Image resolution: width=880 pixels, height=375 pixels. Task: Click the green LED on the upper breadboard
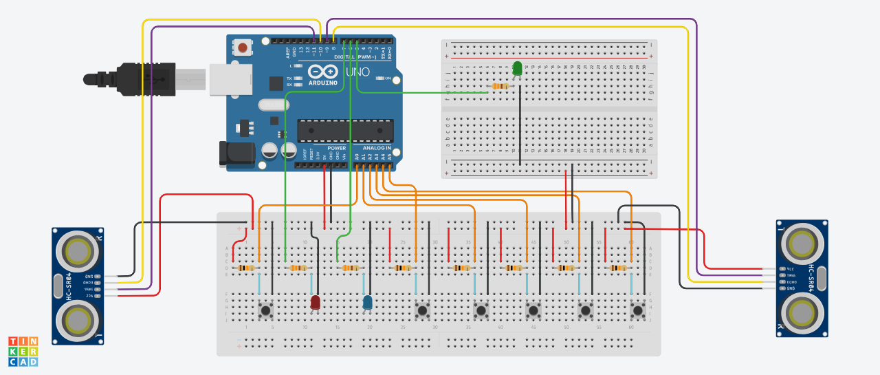pos(517,68)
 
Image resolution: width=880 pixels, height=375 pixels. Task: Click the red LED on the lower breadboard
pos(316,301)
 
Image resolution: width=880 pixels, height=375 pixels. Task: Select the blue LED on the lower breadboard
pos(368,301)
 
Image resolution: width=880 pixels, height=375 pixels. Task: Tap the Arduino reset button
pos(243,47)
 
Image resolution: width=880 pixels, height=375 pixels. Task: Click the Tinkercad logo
pos(23,351)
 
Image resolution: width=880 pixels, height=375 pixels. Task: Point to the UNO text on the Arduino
pos(357,72)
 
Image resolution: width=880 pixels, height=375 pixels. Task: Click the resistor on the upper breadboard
pos(500,86)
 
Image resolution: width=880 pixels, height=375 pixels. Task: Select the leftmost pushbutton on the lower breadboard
pos(265,311)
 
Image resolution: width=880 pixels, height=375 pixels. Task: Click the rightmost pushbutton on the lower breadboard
pos(638,311)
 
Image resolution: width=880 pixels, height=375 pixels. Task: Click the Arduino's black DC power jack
pos(234,153)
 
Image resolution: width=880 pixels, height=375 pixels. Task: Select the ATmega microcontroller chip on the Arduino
pos(345,132)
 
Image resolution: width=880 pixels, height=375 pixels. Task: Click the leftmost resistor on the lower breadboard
pos(246,268)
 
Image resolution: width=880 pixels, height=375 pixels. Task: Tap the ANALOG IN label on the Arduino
pos(376,148)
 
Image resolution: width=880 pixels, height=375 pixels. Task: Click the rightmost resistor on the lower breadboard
pos(617,268)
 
